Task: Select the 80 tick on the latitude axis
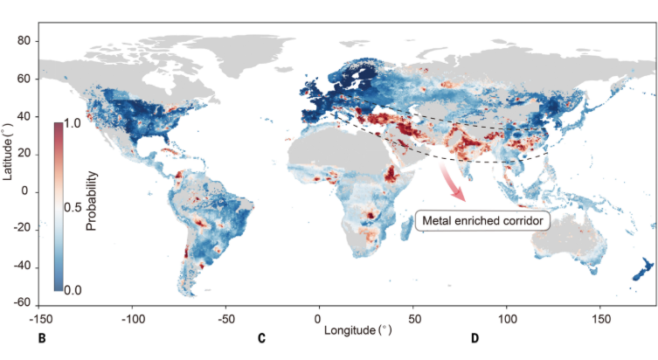point(24,41)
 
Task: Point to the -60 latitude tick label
point(21,304)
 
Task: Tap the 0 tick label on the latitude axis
point(27,191)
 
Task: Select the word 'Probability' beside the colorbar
point(92,200)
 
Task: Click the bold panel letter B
point(42,339)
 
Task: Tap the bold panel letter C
point(261,339)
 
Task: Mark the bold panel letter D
point(474,339)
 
